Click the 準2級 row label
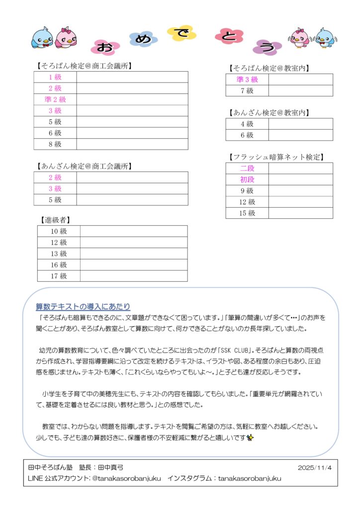pos(55,99)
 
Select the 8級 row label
pos(55,144)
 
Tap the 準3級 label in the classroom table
pos(247,80)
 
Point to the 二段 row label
pos(247,169)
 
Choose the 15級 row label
pos(247,213)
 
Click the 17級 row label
pos(59,276)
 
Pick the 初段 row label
pos(247,180)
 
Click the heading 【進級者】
pos(55,219)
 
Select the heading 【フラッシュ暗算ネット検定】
pos(277,157)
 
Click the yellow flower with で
pos(180,33)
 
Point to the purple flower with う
pos(267,47)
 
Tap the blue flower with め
pos(143,39)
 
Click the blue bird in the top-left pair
pos(41,37)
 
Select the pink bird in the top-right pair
pos(299,37)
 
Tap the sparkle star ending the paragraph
pos(250,437)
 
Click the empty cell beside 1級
pos(132,77)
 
